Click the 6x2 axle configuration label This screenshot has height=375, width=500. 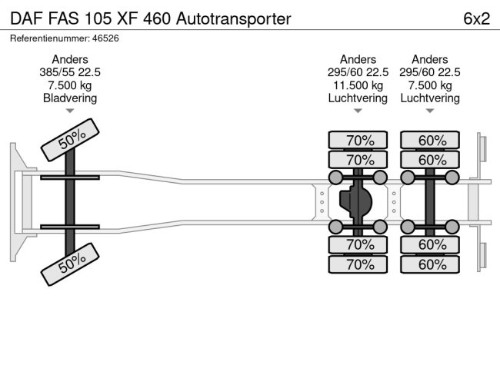[476, 18]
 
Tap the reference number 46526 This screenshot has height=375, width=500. [105, 38]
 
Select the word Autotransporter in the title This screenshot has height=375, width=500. [233, 18]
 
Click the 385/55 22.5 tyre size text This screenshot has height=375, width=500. [70, 72]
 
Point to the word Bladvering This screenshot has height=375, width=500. [70, 98]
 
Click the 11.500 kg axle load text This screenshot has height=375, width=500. [358, 85]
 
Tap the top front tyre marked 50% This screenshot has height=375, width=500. [70, 140]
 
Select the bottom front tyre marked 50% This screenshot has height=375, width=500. [70, 264]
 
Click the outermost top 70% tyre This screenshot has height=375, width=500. [358, 140]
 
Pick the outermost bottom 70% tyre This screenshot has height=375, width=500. [358, 264]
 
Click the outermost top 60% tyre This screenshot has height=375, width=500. [430, 140]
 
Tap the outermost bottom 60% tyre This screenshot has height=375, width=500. [430, 264]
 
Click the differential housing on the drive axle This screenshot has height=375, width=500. [355, 202]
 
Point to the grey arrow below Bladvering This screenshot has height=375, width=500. [70, 111]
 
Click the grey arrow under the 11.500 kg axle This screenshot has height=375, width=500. [358, 111]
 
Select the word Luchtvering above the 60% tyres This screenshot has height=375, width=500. [430, 98]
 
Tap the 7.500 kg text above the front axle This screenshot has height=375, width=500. [70, 85]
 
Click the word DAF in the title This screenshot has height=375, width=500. [27, 18]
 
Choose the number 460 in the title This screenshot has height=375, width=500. [157, 18]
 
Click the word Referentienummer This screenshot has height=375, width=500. [49, 38]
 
